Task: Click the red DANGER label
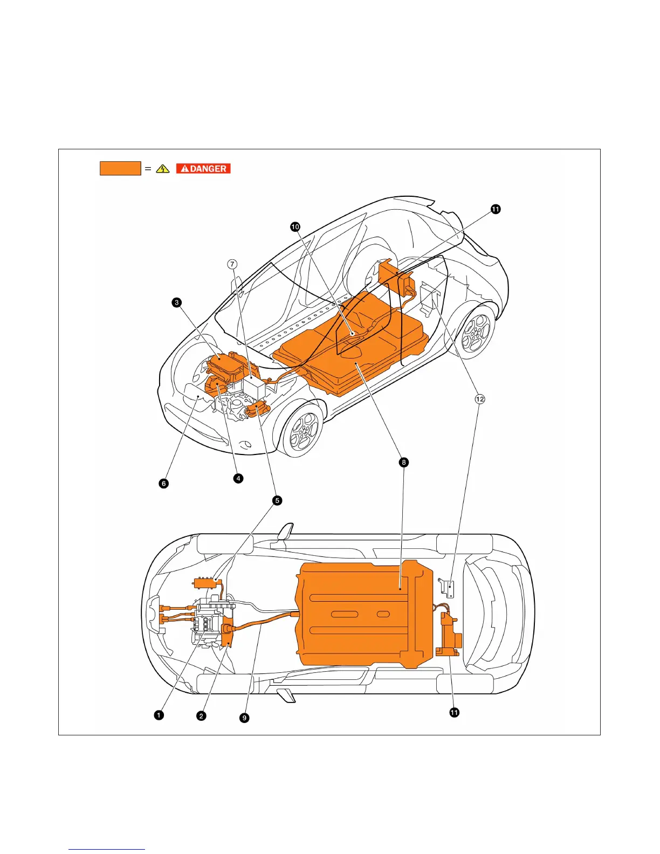click(203, 169)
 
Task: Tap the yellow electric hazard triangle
click(162, 169)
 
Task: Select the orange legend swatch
click(120, 168)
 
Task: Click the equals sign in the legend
click(148, 169)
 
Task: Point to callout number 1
click(159, 715)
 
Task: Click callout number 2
click(201, 715)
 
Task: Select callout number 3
click(177, 302)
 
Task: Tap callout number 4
click(238, 478)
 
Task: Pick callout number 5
click(277, 500)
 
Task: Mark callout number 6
click(164, 483)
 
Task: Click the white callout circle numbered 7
click(232, 264)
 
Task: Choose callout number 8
click(403, 462)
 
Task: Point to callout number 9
click(244, 718)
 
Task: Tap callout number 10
click(295, 227)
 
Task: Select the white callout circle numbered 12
click(479, 399)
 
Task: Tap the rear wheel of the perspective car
click(477, 328)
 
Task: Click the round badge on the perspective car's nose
click(245, 445)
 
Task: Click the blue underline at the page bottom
click(107, 850)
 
